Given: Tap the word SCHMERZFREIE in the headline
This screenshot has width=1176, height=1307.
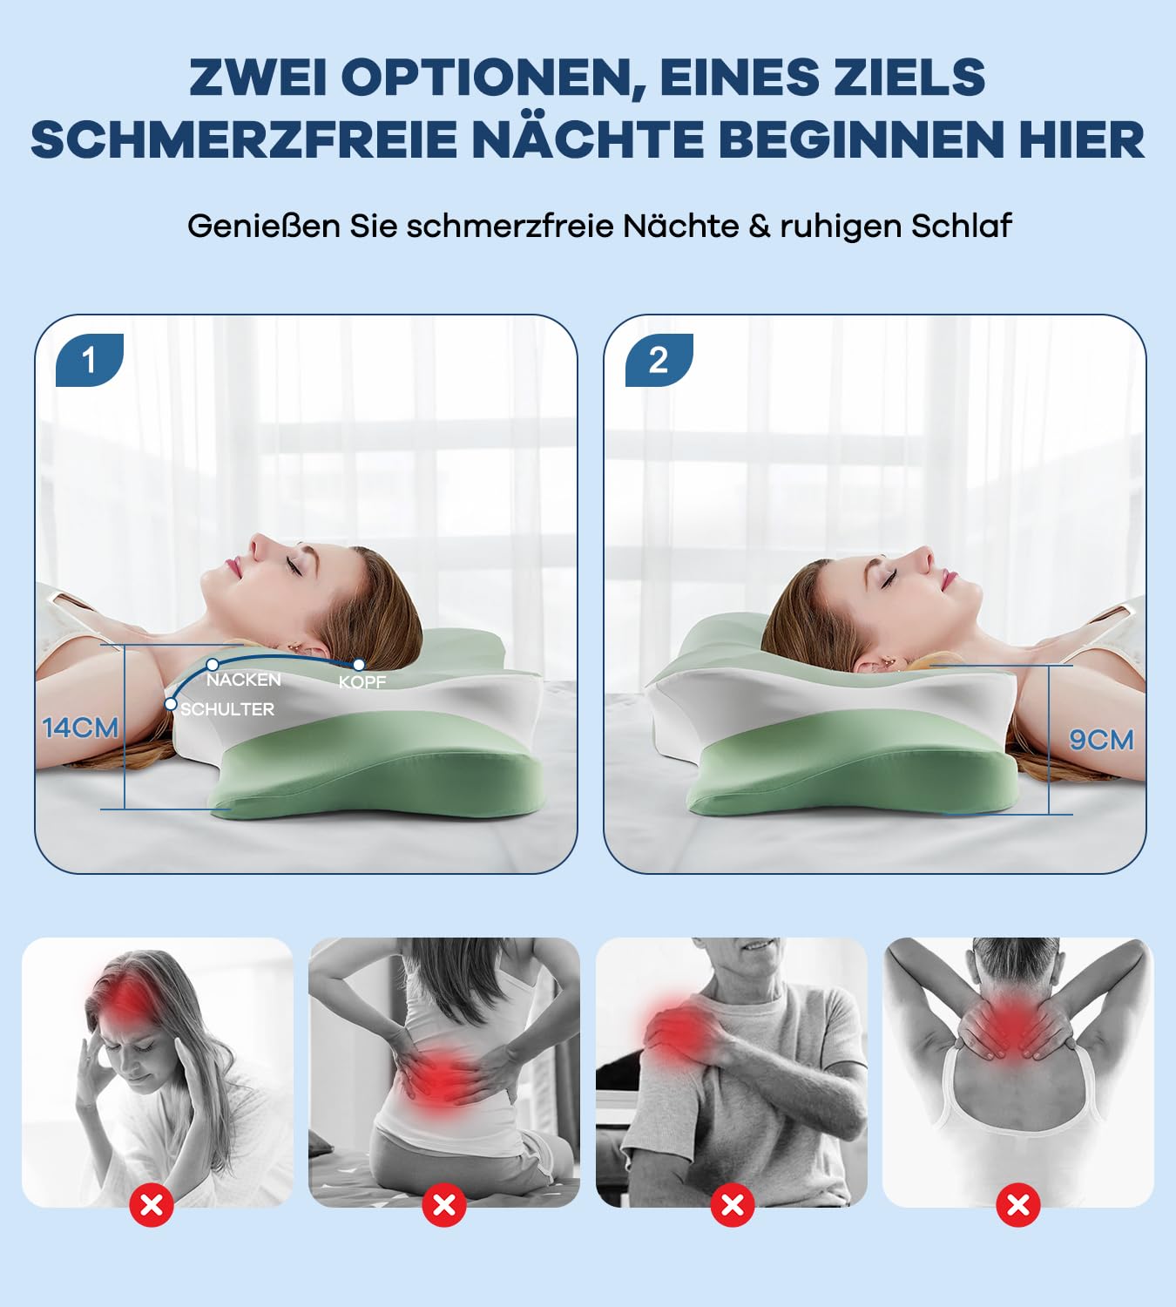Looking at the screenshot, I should tap(244, 140).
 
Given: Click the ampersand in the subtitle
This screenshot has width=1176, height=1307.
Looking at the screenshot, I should tap(759, 227).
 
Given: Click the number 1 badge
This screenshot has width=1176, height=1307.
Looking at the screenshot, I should tap(89, 360).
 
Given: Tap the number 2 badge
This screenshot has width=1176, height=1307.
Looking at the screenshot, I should tap(659, 360).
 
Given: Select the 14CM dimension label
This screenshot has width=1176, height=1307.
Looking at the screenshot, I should tap(80, 728).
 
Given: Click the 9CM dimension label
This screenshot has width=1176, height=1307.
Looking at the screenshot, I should tap(1101, 740).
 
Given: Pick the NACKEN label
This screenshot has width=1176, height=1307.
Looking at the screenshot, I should tap(243, 680).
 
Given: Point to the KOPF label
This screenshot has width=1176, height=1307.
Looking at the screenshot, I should tap(362, 682).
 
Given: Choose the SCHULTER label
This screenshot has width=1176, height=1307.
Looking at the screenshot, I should tap(227, 709).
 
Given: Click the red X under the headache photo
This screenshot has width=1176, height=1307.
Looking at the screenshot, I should tap(152, 1205).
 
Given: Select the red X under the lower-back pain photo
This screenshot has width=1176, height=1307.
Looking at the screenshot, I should tap(444, 1205).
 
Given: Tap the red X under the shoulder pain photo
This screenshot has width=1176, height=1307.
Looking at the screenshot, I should tap(733, 1205).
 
